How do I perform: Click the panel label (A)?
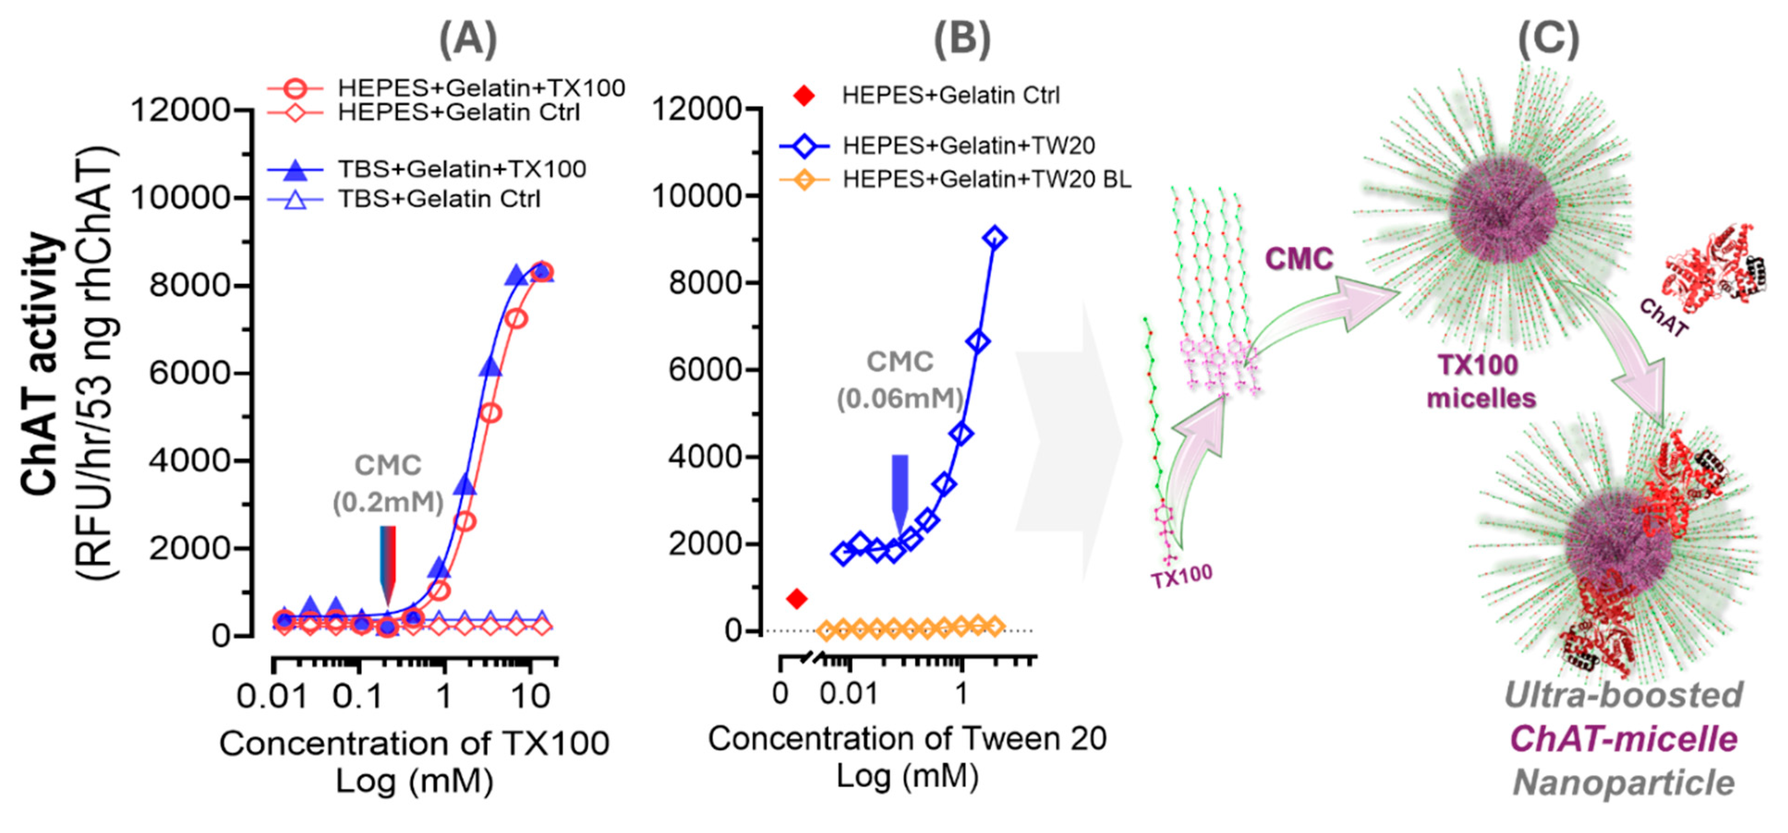pyautogui.click(x=469, y=40)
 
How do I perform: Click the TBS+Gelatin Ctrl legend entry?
pyautogui.click(x=439, y=199)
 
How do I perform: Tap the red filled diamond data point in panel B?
pyautogui.click(x=797, y=599)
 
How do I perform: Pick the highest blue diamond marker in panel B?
pyautogui.click(x=995, y=238)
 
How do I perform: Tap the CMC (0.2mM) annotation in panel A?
pyautogui.click(x=387, y=484)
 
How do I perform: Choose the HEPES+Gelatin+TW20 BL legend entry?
pyautogui.click(x=985, y=180)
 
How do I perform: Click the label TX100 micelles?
pyautogui.click(x=1480, y=382)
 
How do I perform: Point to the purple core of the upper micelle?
pyautogui.click(x=1503, y=209)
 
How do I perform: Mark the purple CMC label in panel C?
pyautogui.click(x=1299, y=259)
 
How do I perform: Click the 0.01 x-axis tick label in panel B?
pyautogui.click(x=849, y=694)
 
